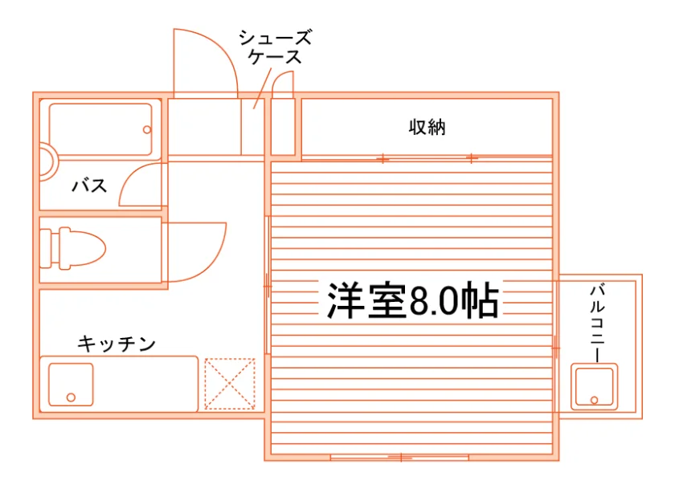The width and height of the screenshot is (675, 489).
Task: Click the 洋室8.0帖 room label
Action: [413, 300]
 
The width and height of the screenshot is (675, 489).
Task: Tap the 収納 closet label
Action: [427, 127]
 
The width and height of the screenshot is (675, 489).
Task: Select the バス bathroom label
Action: [89, 185]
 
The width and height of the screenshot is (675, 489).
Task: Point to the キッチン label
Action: [117, 344]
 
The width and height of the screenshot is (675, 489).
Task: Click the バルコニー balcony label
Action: [598, 324]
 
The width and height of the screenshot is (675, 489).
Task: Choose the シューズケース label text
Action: [275, 47]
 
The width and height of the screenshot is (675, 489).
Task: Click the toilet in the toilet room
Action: [73, 248]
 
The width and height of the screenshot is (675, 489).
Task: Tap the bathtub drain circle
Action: [147, 129]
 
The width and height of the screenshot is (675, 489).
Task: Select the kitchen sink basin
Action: [71, 385]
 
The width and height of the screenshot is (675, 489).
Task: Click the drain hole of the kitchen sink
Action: [71, 397]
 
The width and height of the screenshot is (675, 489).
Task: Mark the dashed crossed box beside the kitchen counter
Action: [230, 384]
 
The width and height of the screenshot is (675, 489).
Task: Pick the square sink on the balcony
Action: [594, 387]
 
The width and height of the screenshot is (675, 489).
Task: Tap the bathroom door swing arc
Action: [129, 176]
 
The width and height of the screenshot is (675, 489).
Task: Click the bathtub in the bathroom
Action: [100, 129]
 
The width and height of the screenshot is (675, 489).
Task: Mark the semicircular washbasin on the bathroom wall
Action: [53, 162]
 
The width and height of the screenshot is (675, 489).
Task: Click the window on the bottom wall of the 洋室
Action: [399, 457]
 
